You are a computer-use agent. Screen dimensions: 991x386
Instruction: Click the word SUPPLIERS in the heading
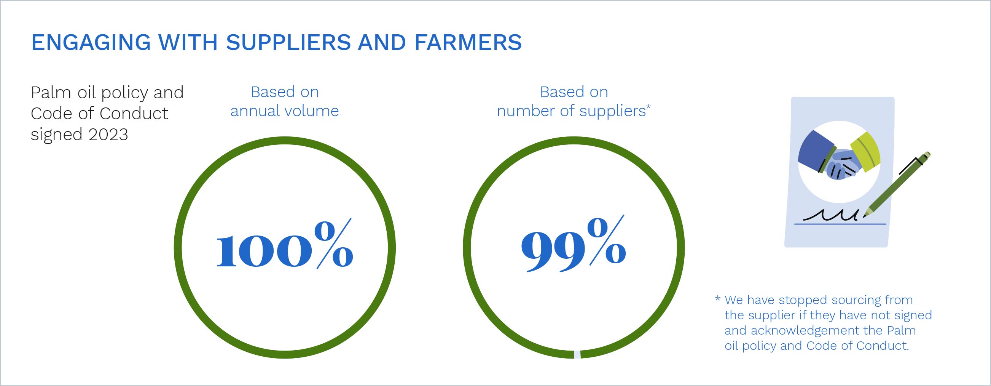click(x=288, y=42)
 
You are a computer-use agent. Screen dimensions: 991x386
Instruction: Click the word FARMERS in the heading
click(x=468, y=42)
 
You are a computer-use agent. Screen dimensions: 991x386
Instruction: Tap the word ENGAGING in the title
click(x=91, y=42)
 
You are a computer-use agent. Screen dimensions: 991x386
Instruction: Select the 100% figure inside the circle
click(x=285, y=244)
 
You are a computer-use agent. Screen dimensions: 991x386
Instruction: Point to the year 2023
click(x=108, y=135)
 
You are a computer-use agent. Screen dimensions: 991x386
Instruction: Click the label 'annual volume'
click(x=285, y=111)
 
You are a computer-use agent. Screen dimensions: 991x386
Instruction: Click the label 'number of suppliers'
click(x=571, y=111)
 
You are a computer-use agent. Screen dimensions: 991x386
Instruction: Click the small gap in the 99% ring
click(x=577, y=355)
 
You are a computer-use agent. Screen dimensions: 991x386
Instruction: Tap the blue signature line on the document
click(x=840, y=224)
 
